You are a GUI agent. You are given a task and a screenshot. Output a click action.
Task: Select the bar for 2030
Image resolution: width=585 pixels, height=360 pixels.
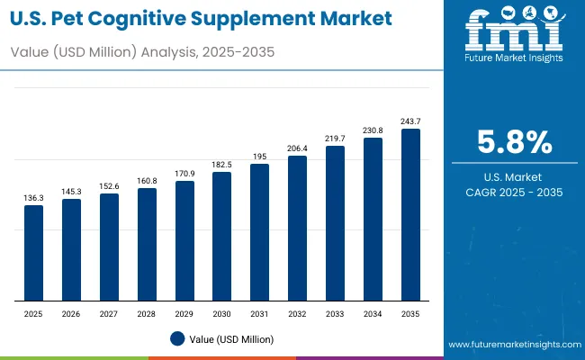[x=222, y=236]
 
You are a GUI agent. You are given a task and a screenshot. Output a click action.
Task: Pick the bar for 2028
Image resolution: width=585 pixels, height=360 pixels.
[x=147, y=244]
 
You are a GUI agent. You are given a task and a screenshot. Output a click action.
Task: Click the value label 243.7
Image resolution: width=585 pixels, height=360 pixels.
[x=410, y=121]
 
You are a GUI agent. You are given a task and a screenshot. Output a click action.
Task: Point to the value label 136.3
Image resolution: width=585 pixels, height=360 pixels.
[x=33, y=198]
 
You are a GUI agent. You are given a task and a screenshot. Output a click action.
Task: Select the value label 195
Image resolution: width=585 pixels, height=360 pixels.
[x=259, y=157]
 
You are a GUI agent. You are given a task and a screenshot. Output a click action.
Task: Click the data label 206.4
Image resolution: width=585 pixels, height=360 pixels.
[x=297, y=148]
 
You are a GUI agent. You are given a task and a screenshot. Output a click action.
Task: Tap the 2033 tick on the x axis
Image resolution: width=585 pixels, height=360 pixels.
[x=335, y=314]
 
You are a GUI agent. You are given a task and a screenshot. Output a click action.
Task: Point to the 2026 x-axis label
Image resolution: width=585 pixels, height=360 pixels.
[x=71, y=314]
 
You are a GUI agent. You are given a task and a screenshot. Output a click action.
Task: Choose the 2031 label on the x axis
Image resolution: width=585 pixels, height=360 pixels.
[x=259, y=314]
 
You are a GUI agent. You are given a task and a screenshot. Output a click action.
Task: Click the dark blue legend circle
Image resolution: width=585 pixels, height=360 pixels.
[x=177, y=339]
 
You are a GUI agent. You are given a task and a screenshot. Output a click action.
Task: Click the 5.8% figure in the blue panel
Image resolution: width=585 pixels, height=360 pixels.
[x=514, y=143]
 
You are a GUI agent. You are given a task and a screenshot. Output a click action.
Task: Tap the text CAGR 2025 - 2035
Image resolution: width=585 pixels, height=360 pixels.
[x=514, y=193]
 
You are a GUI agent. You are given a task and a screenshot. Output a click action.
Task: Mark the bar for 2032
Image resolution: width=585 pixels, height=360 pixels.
[x=297, y=229]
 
